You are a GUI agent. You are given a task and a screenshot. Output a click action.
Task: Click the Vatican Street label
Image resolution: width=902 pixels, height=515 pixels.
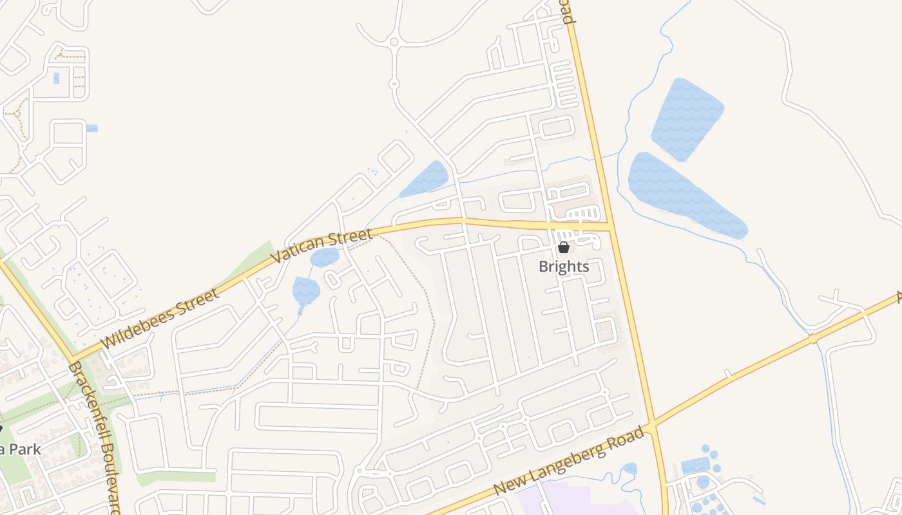coord(322,247)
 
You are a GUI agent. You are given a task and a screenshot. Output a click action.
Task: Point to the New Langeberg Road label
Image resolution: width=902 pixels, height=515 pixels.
coord(570,462)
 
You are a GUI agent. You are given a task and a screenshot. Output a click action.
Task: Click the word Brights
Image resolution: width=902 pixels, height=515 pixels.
coord(564,267)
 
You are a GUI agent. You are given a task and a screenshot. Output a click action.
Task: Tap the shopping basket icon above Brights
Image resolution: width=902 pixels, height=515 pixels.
coord(564,247)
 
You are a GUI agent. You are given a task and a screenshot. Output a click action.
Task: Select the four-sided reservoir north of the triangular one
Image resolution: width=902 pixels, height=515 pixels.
coord(687,119)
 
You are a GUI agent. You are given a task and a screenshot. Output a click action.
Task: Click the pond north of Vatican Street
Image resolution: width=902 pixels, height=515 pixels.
coord(425,179)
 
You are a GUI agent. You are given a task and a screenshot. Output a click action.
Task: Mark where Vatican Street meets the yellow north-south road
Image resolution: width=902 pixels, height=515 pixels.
coord(609,227)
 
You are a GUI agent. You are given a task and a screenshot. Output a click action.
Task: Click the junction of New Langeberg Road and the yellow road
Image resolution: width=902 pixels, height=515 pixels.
coord(652,425)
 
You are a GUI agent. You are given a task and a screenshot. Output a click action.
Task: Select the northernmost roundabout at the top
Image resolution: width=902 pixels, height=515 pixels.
coord(394,42)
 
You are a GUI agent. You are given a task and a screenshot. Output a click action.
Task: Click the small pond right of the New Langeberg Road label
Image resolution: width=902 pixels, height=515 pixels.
coord(630,469)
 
